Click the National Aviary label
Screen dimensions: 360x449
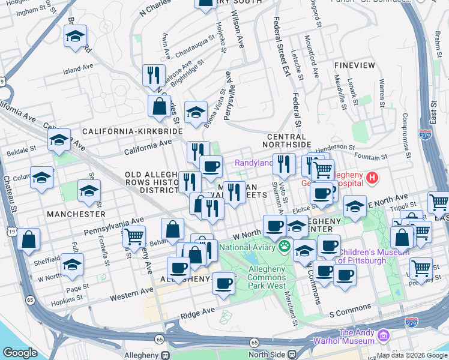click(248, 247)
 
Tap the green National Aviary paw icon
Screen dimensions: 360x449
click(284, 246)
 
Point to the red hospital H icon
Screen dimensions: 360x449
click(372, 178)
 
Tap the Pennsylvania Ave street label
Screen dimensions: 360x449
click(115, 226)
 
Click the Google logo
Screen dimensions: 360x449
click(21, 353)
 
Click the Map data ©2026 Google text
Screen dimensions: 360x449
click(411, 355)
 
